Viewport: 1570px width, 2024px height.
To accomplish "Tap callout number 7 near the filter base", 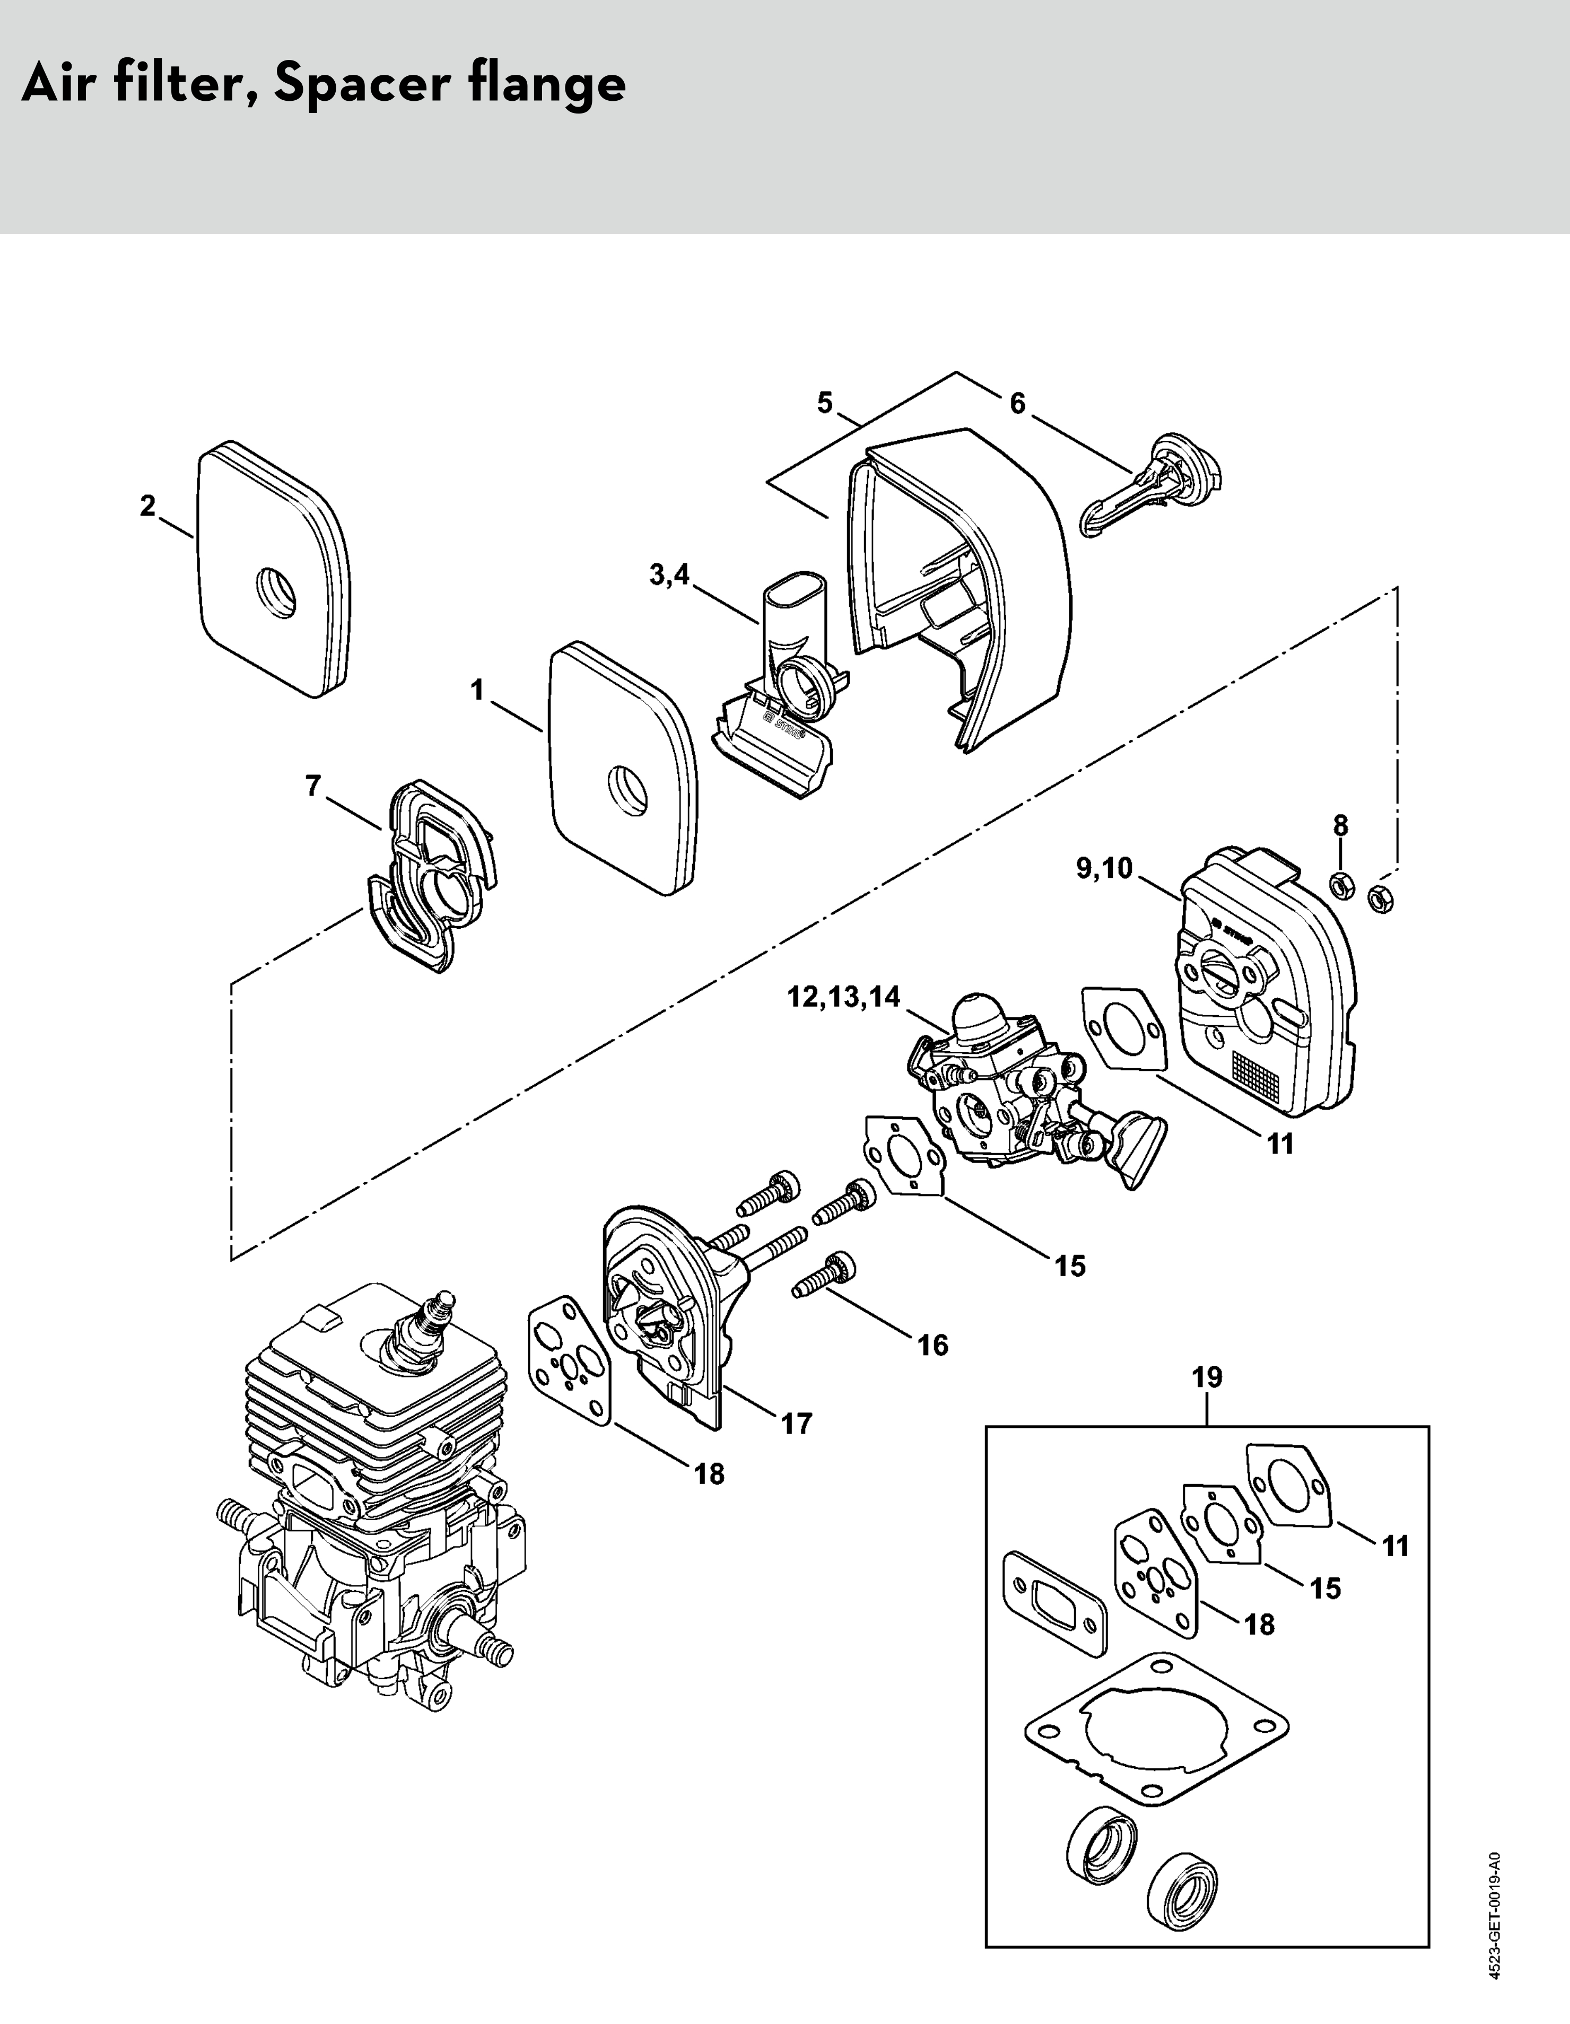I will tap(313, 786).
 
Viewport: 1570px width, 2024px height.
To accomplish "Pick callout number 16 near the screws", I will tap(934, 1345).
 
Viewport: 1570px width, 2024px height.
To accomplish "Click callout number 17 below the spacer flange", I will tap(796, 1423).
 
